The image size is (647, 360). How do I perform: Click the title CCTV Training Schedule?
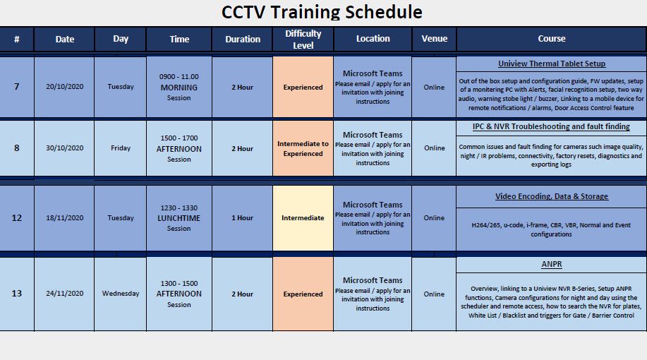point(322,12)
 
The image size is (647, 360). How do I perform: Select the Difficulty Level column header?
point(303,39)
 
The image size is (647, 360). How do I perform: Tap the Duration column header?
point(242,40)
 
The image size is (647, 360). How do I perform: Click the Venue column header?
point(434,39)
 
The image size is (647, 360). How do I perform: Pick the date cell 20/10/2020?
point(64,87)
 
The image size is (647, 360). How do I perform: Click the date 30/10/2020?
point(64,148)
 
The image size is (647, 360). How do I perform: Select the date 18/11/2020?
point(64,218)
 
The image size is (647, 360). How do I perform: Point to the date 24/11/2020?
point(64,294)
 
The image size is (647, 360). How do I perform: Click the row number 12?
point(17,218)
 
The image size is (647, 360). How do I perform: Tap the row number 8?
point(17,148)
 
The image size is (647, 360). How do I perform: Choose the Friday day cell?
point(121,148)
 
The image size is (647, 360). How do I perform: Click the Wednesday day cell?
point(121,294)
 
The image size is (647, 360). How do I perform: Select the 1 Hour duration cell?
point(242,218)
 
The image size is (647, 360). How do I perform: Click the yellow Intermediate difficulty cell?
point(303,218)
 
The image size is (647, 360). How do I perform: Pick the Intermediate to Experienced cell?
point(303,148)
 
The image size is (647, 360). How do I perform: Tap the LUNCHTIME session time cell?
point(179,218)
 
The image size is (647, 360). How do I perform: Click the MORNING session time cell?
point(179,87)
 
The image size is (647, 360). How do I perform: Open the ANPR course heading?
point(551,265)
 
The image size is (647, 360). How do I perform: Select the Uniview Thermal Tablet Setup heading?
point(551,64)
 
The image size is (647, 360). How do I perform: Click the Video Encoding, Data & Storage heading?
point(551,196)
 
